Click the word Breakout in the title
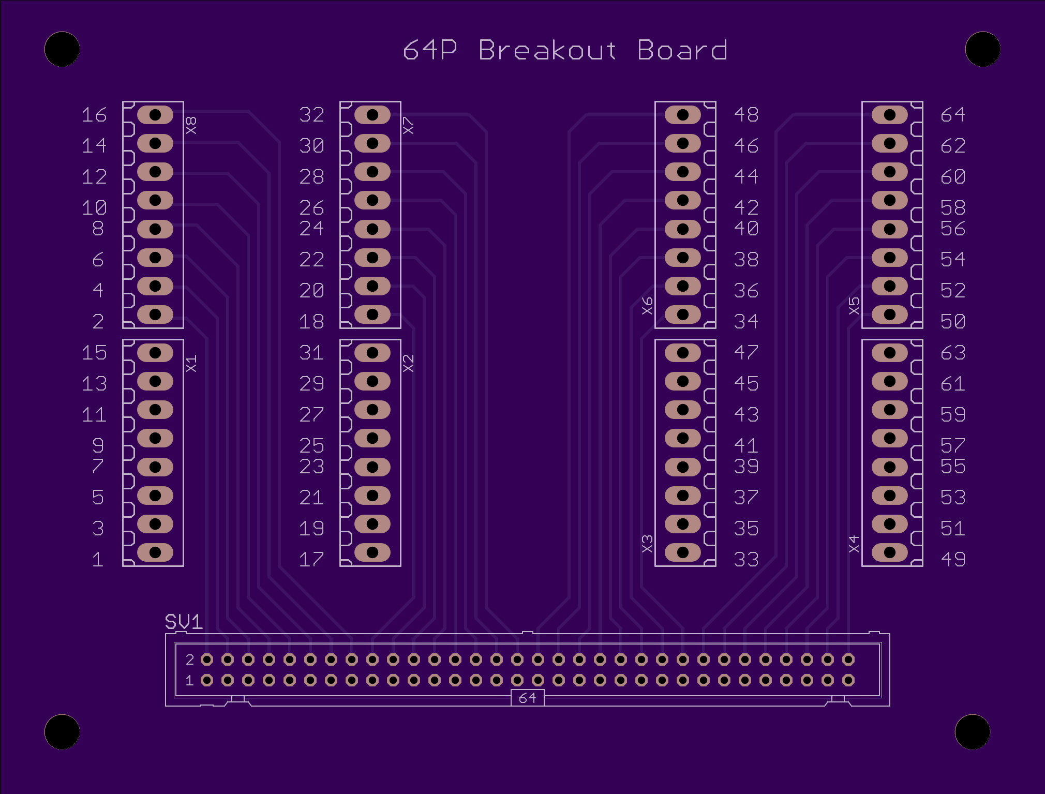tap(548, 50)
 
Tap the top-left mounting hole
tap(62, 49)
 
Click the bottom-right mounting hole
tap(973, 732)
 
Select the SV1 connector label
tap(184, 621)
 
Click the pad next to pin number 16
tap(155, 115)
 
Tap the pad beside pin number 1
tap(155, 552)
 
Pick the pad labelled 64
tap(890, 115)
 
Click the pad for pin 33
tap(683, 552)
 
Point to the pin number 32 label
tap(312, 114)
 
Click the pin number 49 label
tap(953, 559)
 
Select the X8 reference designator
tap(191, 125)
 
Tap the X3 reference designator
tap(647, 544)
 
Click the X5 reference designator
tap(854, 306)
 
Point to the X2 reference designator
tap(408, 363)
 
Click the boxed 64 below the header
tap(527, 698)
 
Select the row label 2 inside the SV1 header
tap(190, 660)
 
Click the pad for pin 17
tap(372, 552)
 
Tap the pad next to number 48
tap(683, 115)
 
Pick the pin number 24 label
tap(312, 228)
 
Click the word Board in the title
tap(682, 50)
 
